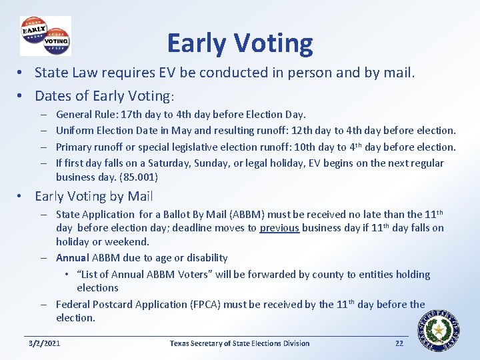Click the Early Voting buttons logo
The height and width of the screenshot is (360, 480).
click(45, 35)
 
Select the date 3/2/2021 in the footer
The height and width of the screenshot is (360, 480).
click(45, 343)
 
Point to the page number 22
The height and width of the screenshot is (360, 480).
click(399, 343)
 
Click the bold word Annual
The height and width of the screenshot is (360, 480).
click(73, 257)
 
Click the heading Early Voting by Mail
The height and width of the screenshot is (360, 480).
click(94, 196)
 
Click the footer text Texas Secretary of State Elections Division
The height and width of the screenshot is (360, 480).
click(239, 343)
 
